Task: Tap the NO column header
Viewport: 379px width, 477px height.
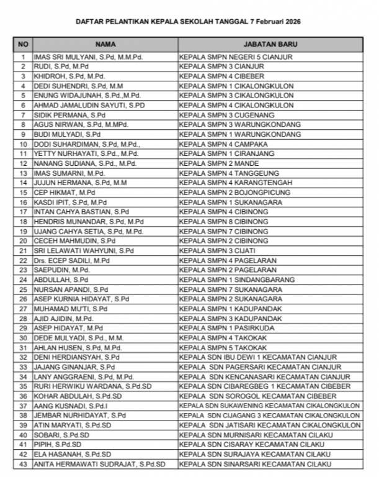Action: click(x=23, y=45)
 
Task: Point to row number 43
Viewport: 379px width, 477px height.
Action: click(x=23, y=464)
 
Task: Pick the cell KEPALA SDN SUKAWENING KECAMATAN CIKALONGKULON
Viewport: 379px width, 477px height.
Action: click(x=269, y=406)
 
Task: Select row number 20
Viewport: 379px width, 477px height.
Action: click(x=23, y=241)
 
